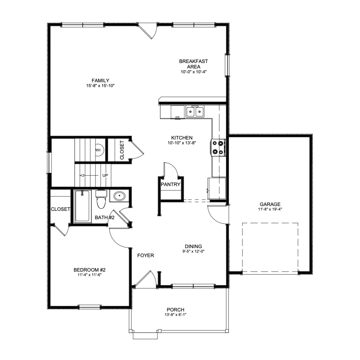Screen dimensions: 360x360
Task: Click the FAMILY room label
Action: pos(100,81)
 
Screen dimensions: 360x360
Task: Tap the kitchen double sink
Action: pos(195,112)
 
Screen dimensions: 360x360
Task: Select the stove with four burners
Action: pos(218,148)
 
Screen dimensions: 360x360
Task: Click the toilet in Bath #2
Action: pos(101,199)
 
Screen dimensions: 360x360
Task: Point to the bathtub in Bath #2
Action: pos(82,206)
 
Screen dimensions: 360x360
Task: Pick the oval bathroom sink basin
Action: pos(119,196)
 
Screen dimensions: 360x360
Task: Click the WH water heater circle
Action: pos(99,150)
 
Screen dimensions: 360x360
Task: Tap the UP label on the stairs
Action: pos(105,175)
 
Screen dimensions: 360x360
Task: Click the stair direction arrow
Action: pos(89,175)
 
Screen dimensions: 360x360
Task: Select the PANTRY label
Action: pos(171,184)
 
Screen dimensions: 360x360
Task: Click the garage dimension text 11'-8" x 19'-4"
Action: pos(270,209)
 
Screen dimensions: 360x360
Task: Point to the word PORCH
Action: pos(175,310)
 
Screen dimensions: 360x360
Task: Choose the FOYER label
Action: pos(146,256)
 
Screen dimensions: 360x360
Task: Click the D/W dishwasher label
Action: pos(177,117)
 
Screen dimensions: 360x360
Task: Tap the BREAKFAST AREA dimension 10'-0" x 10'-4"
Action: pos(194,72)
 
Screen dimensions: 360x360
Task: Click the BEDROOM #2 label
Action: pos(90,270)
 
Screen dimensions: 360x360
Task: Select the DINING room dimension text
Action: pos(193,251)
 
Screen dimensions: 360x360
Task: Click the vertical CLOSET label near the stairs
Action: pos(122,150)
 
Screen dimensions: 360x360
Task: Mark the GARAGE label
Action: pos(270,204)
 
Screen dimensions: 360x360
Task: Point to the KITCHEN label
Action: pos(182,138)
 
